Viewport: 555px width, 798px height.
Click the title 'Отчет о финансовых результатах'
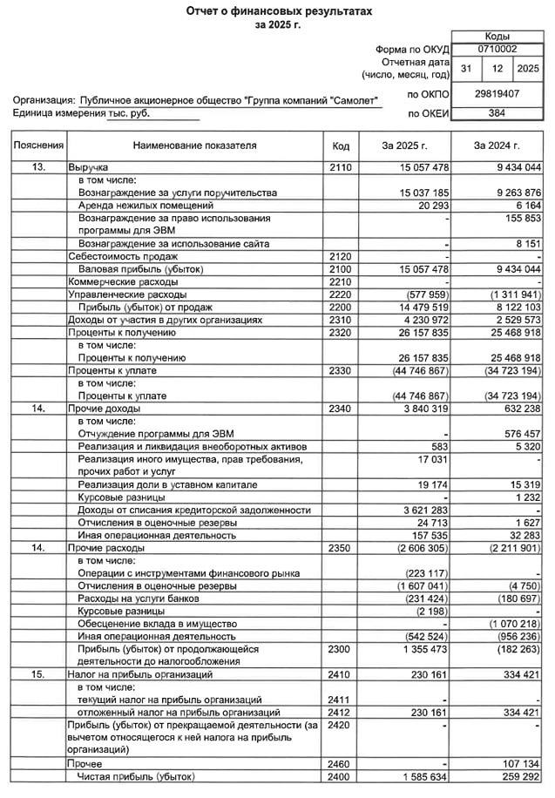(278, 10)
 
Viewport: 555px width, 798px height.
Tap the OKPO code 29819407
(498, 92)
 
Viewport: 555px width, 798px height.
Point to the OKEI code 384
(498, 113)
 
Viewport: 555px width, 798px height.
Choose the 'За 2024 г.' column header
(497, 145)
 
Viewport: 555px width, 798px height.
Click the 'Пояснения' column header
(38, 145)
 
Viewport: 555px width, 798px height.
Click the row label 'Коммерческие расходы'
(116, 281)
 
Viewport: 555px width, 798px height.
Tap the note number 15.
(38, 675)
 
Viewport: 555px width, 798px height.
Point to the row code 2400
(341, 776)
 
